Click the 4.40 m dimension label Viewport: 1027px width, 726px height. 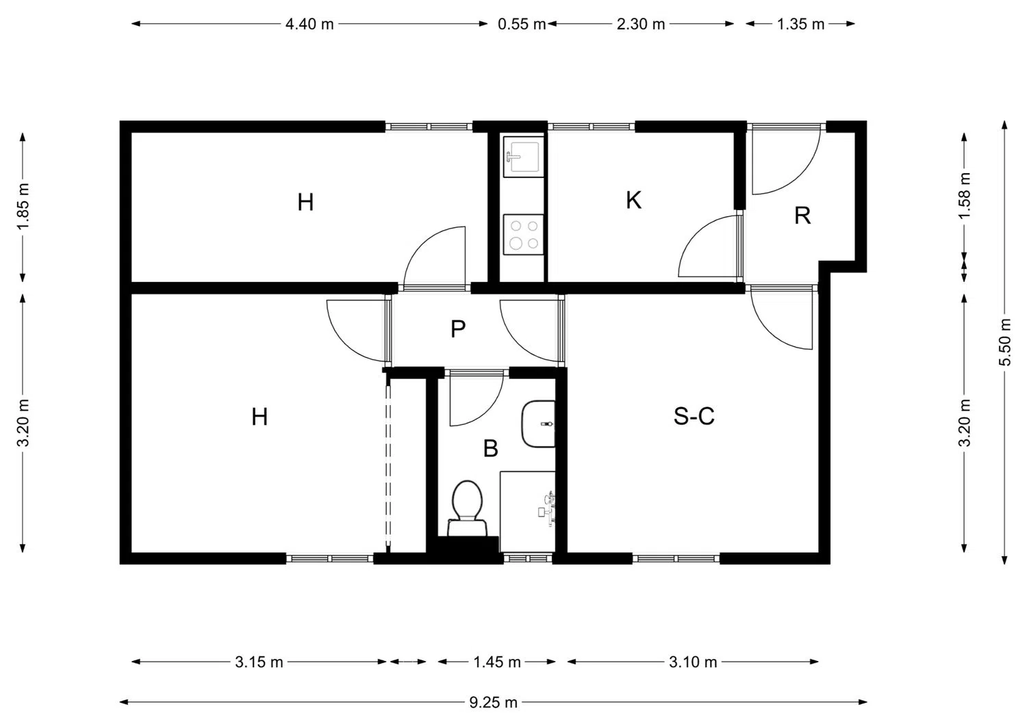[309, 24]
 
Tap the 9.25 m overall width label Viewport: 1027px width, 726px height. [493, 702]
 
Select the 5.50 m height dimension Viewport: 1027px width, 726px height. [1004, 342]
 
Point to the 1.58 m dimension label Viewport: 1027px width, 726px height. [965, 196]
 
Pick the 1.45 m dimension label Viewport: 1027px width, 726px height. [497, 662]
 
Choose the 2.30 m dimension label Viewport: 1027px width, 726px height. [641, 24]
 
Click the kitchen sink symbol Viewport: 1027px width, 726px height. [523, 156]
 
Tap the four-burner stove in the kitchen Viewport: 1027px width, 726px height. [523, 234]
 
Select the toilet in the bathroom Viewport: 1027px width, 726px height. [467, 506]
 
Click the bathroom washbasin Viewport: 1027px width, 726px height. [539, 424]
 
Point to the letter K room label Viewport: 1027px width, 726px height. [633, 200]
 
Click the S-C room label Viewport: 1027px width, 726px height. [694, 416]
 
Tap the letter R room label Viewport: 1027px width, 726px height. [802, 216]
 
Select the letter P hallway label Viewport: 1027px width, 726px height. [458, 329]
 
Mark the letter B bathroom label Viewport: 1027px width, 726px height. [490, 449]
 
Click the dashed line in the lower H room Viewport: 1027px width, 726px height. [388, 465]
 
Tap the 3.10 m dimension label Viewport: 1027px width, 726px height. [693, 662]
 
